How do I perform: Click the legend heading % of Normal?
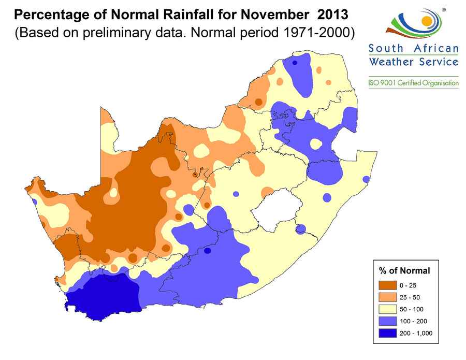pyautogui.click(x=404, y=270)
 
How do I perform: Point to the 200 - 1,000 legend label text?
pyautogui.click(x=415, y=333)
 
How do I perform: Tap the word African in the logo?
pyautogui.click(x=436, y=49)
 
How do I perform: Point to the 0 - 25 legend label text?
pyautogui.click(x=407, y=285)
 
